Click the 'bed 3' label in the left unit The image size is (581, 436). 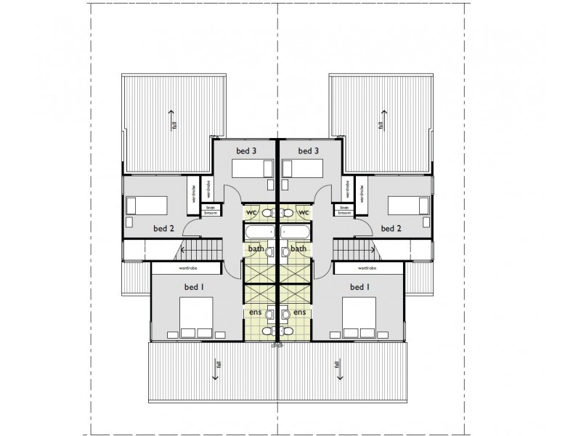pos(246,150)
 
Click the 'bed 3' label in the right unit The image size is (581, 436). pos(309,150)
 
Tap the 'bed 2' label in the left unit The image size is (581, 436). pos(163,228)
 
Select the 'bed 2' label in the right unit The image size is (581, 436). pos(391,228)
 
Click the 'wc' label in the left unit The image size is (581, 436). pos(252,211)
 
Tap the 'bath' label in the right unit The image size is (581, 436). pos(298,249)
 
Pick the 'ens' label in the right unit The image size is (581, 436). pos(300,312)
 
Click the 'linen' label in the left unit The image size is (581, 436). pos(211,207)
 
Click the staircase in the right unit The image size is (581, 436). pos(357,251)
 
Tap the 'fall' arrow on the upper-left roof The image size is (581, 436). pos(172,120)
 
